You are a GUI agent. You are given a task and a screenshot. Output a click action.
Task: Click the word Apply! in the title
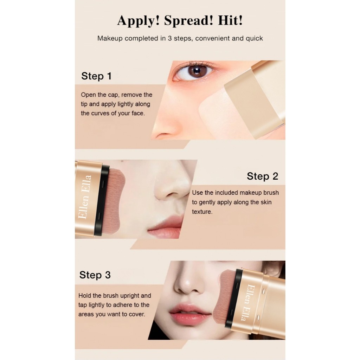(138, 21)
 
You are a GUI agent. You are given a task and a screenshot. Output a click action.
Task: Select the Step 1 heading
(96, 76)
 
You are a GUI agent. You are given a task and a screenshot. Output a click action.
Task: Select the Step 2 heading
(262, 176)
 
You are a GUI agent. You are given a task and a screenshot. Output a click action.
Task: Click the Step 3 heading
(95, 275)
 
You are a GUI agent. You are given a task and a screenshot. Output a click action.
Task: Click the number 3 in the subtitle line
(170, 38)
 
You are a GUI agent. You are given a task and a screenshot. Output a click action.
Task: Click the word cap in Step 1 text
(114, 95)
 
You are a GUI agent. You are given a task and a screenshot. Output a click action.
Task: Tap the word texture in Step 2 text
(202, 211)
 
